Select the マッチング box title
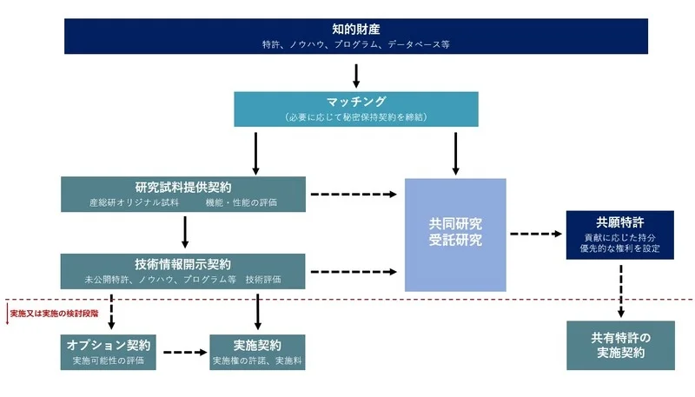click(x=355, y=102)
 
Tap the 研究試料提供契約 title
click(x=183, y=187)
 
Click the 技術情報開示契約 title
click(x=183, y=264)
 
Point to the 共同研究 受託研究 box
click(x=455, y=234)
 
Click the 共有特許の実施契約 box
click(x=620, y=345)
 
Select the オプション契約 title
click(x=109, y=344)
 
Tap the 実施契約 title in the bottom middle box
click(x=257, y=344)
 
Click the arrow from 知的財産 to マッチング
click(x=356, y=76)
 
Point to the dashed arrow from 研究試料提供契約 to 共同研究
click(x=355, y=194)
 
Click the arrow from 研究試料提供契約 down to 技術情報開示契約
click(x=185, y=232)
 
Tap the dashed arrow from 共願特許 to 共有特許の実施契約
click(x=620, y=289)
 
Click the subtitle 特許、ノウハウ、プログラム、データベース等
click(x=355, y=43)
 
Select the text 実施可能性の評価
click(x=109, y=359)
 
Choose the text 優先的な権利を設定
click(x=619, y=249)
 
